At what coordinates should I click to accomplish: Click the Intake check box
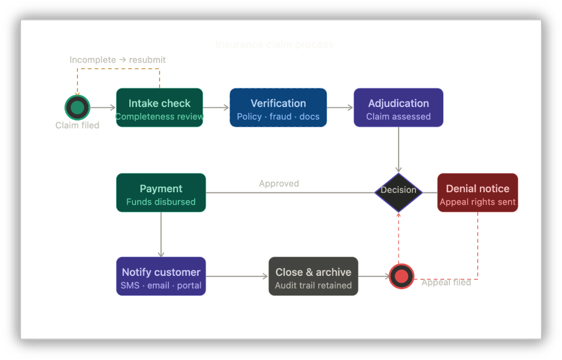(x=159, y=108)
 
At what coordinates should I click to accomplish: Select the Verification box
(x=278, y=108)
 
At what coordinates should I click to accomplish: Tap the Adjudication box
(x=398, y=108)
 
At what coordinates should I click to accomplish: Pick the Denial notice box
(x=477, y=193)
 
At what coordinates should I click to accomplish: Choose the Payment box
(x=161, y=193)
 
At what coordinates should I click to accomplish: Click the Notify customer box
(x=161, y=276)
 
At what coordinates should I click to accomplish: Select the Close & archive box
(x=313, y=276)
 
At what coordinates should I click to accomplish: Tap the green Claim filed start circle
(x=77, y=108)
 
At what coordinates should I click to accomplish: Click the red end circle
(x=401, y=276)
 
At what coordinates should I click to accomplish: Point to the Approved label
(x=279, y=183)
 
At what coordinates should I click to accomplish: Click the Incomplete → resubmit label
(x=118, y=60)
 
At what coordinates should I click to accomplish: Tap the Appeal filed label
(x=446, y=283)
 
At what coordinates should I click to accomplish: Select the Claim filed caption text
(x=77, y=125)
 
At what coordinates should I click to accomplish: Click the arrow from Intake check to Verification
(x=216, y=108)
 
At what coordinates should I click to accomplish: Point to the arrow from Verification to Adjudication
(x=340, y=108)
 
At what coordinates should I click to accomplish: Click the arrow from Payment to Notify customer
(x=161, y=234)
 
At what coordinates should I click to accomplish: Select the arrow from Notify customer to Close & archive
(x=237, y=276)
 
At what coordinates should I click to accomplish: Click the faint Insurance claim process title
(x=274, y=45)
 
